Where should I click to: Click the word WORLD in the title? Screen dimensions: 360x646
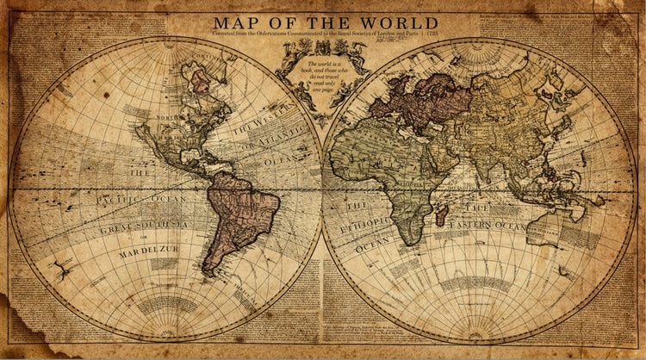tap(401, 22)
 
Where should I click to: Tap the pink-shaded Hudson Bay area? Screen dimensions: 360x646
tap(201, 82)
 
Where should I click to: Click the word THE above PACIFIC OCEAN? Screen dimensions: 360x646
tap(139, 173)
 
